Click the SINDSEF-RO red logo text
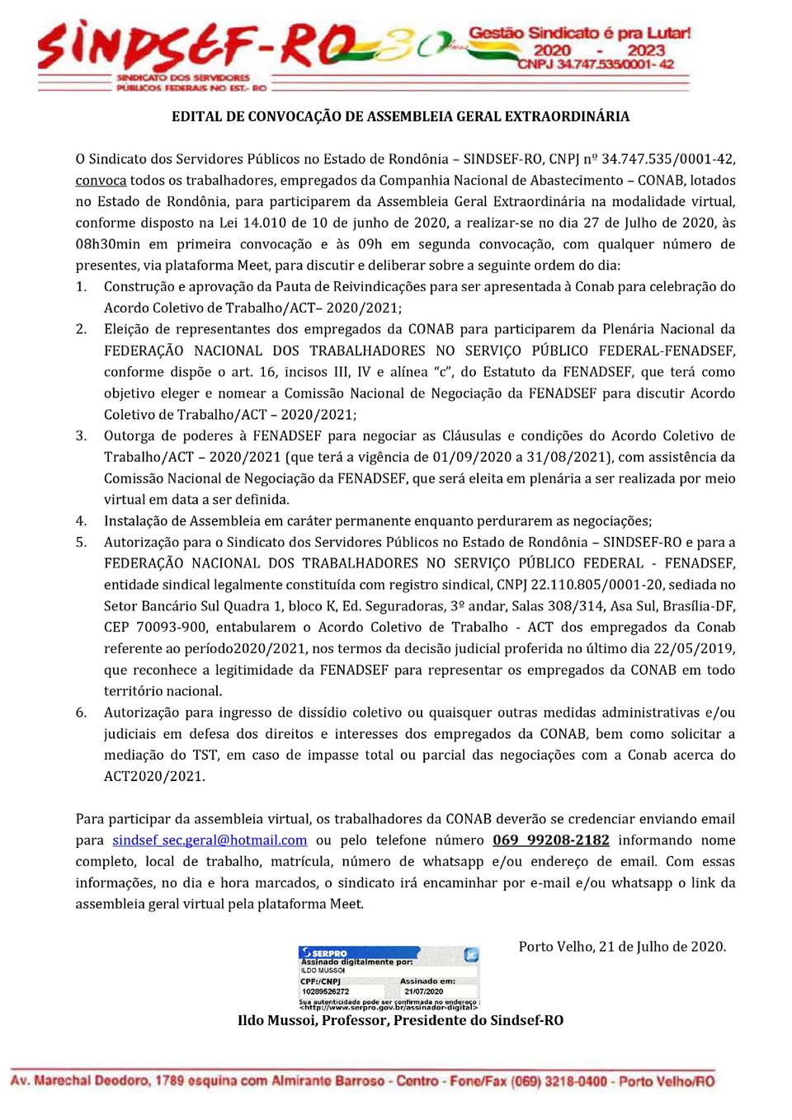[x=198, y=48]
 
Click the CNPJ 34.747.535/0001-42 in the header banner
[x=596, y=64]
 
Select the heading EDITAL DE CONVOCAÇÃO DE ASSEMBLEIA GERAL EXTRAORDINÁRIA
[x=400, y=116]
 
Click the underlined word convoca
[x=101, y=181]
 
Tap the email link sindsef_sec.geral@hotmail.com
[x=210, y=840]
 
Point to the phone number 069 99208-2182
[x=551, y=840]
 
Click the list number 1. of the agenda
[x=81, y=287]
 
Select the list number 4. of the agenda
[x=81, y=521]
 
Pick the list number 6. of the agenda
[x=81, y=713]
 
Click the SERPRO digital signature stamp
[x=389, y=978]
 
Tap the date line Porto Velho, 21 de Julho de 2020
[x=622, y=947]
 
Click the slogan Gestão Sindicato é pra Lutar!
[x=580, y=34]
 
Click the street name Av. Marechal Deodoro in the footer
[x=78, y=1081]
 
